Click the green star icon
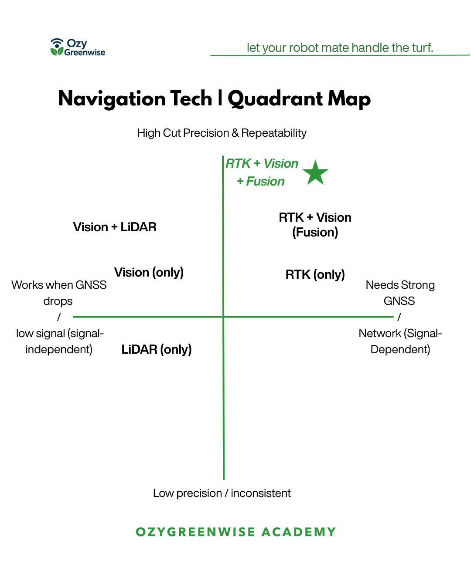[315, 173]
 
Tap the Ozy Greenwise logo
[78, 47]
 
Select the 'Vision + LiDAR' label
[115, 227]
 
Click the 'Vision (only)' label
[149, 273]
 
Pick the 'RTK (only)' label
[315, 274]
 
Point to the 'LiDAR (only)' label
[157, 349]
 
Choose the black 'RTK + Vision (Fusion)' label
[315, 225]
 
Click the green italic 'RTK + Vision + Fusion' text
[261, 172]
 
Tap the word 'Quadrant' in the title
[275, 99]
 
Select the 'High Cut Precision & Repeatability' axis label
[222, 133]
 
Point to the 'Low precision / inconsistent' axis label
[222, 493]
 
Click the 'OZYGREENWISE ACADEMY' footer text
[235, 532]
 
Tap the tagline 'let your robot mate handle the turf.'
[340, 47]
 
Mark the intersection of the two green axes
[223, 317]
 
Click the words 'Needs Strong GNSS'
[400, 293]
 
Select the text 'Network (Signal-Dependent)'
[400, 341]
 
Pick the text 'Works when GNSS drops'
[59, 293]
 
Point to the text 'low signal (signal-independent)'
[59, 341]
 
